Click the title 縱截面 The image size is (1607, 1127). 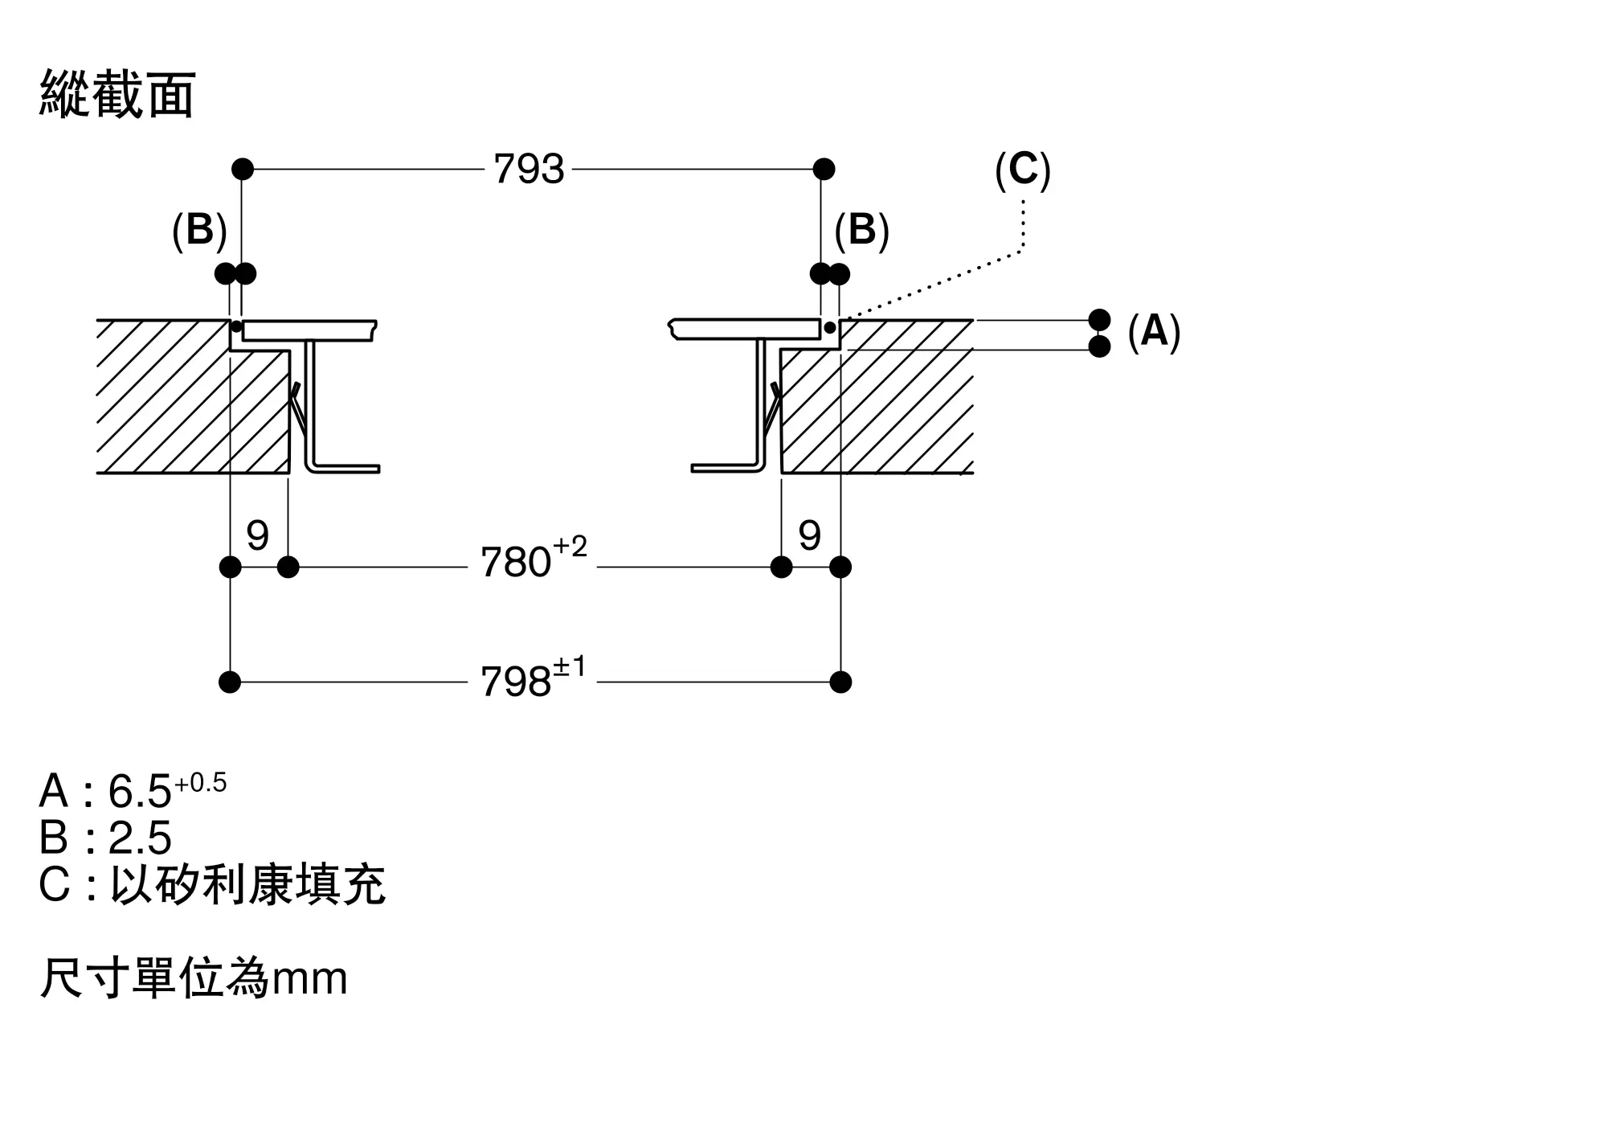click(117, 95)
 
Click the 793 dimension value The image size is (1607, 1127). click(529, 170)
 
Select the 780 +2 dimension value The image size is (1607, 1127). click(533, 560)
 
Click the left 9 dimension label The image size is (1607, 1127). click(257, 535)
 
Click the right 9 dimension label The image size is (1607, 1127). click(809, 535)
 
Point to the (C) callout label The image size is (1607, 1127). click(1022, 170)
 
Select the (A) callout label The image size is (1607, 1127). click(1154, 331)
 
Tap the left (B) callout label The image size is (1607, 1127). click(199, 231)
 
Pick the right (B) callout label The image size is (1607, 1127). click(861, 231)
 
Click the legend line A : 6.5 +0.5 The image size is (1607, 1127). click(133, 790)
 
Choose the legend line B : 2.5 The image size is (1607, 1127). click(105, 838)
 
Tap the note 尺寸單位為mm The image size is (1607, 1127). click(194, 979)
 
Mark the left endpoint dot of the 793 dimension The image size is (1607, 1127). click(243, 170)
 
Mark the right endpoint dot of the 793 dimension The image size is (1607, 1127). click(824, 170)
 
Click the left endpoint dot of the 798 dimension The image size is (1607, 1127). click(230, 682)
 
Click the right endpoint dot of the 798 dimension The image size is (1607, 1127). click(840, 682)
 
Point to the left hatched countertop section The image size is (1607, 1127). click(185, 402)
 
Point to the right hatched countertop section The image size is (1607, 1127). click(884, 410)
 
